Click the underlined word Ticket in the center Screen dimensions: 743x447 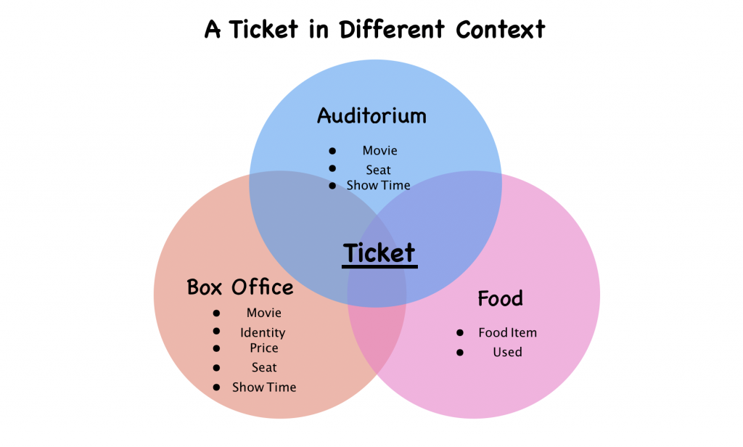click(x=379, y=253)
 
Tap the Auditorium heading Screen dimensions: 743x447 click(x=371, y=116)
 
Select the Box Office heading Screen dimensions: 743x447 click(x=240, y=287)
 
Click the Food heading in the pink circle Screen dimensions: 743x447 click(x=500, y=298)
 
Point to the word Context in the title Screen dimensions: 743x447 click(x=500, y=30)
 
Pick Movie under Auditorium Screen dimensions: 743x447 click(x=380, y=151)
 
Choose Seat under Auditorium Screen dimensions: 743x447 click(x=379, y=170)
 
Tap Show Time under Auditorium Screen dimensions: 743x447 click(x=379, y=186)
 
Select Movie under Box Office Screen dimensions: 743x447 click(x=264, y=313)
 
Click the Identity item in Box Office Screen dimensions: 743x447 click(x=263, y=333)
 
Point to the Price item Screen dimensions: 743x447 click(x=264, y=348)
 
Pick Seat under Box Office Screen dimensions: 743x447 click(x=264, y=368)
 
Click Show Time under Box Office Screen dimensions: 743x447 click(x=264, y=387)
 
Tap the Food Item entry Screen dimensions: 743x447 click(x=507, y=333)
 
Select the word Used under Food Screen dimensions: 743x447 click(x=507, y=352)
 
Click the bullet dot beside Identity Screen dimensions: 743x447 click(x=216, y=332)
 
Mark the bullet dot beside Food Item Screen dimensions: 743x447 click(x=460, y=332)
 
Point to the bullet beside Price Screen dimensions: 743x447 click(x=216, y=349)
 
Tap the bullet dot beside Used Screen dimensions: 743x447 click(x=460, y=352)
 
